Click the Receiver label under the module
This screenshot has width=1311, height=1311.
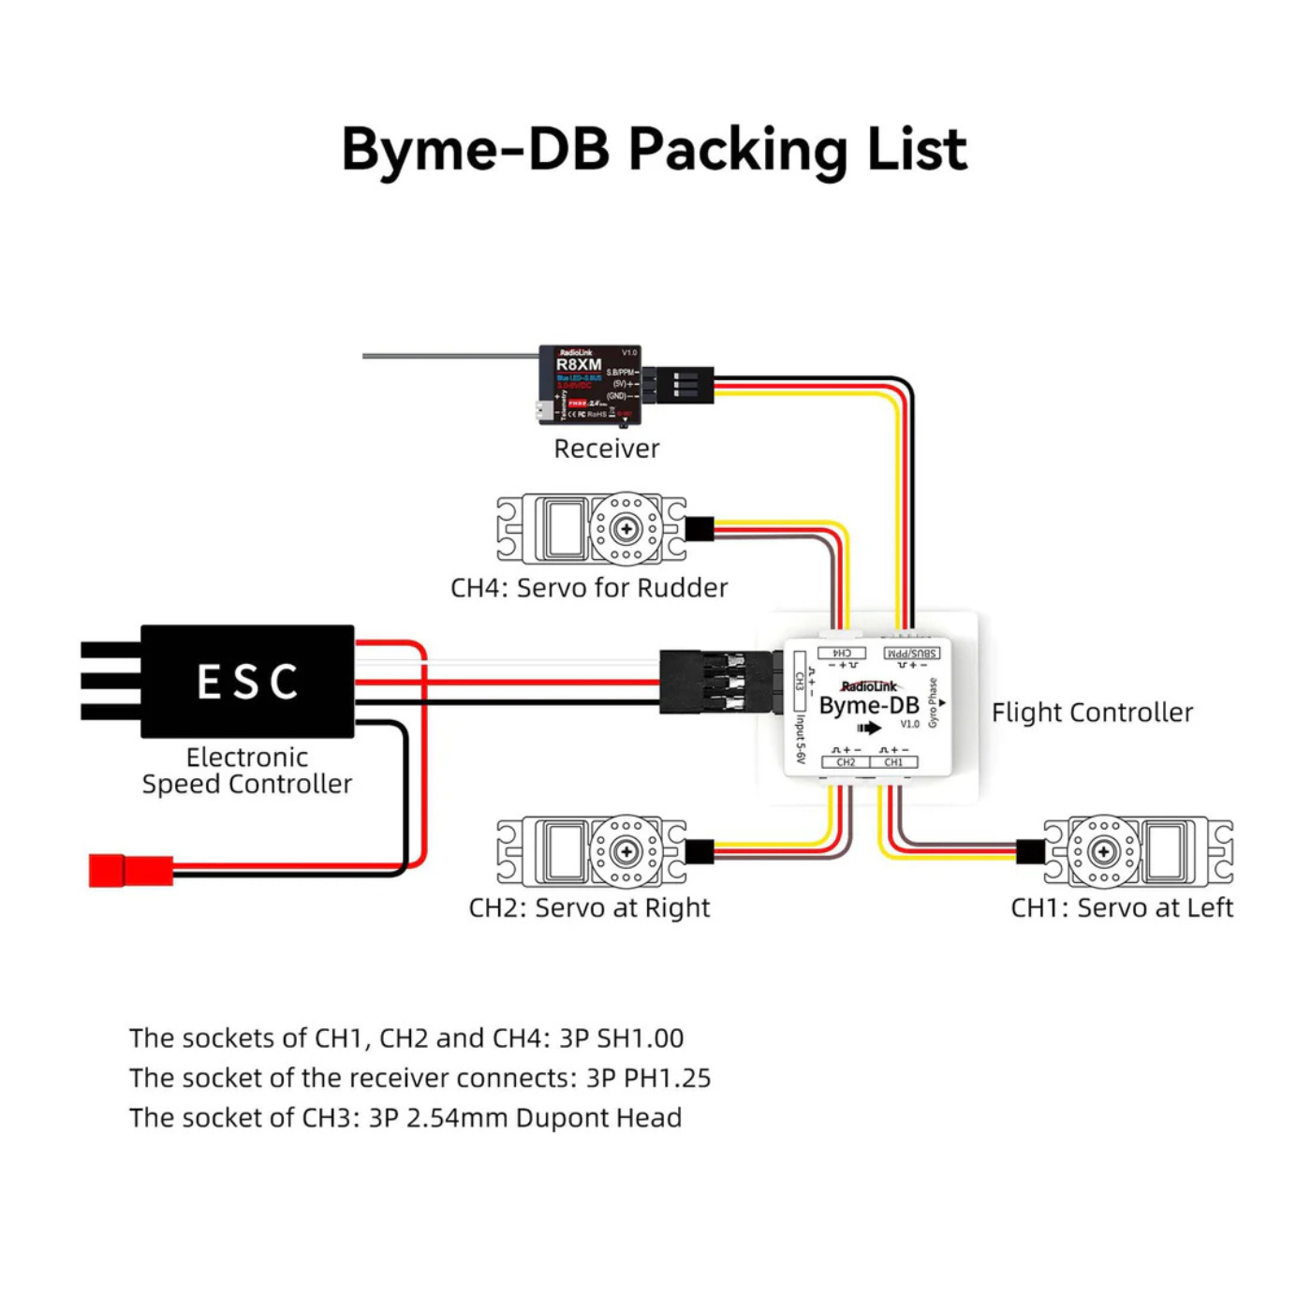(606, 449)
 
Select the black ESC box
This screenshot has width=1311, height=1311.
(247, 681)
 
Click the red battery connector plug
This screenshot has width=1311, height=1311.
(131, 870)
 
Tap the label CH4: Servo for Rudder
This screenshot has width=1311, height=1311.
(589, 588)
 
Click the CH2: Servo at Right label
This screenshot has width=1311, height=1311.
(589, 907)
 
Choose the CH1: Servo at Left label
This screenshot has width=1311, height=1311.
(1121, 907)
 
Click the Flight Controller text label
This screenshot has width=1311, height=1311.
(1092, 713)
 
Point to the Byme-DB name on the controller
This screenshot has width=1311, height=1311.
(868, 706)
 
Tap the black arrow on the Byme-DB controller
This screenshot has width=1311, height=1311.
(869, 728)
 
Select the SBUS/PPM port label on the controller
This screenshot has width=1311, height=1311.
(911, 653)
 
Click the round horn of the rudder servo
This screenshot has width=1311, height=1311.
(626, 529)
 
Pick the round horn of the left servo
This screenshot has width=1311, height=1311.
(1104, 851)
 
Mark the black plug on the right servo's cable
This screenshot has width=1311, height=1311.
(700, 851)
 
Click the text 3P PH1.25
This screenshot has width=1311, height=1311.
(648, 1078)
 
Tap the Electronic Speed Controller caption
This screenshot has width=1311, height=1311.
(246, 771)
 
